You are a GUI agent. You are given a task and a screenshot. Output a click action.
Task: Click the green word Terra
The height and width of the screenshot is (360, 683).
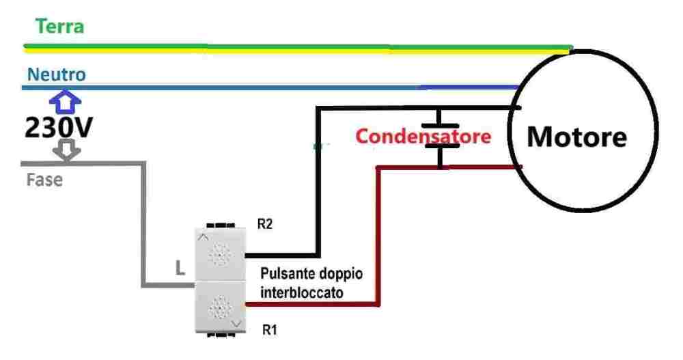pyautogui.click(x=59, y=27)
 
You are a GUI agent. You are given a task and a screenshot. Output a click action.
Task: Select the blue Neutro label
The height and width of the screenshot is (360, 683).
pyautogui.click(x=57, y=74)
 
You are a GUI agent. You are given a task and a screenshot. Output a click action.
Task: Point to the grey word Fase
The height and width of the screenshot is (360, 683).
pyautogui.click(x=44, y=181)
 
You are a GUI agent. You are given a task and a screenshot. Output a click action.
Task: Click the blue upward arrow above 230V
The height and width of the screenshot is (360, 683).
pyautogui.click(x=65, y=101)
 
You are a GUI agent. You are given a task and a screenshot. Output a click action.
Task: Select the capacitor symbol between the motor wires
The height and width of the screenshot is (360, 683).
pyautogui.click(x=440, y=136)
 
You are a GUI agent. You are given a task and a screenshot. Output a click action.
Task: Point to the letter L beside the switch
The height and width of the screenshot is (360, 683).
pyautogui.click(x=179, y=269)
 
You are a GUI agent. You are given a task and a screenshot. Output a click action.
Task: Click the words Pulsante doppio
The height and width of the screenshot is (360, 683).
pyautogui.click(x=311, y=274)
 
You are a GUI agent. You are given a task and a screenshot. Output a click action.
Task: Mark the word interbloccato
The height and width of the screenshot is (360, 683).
pyautogui.click(x=301, y=291)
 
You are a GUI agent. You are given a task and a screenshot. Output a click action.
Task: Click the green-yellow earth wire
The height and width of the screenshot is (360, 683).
pyautogui.click(x=273, y=48)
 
